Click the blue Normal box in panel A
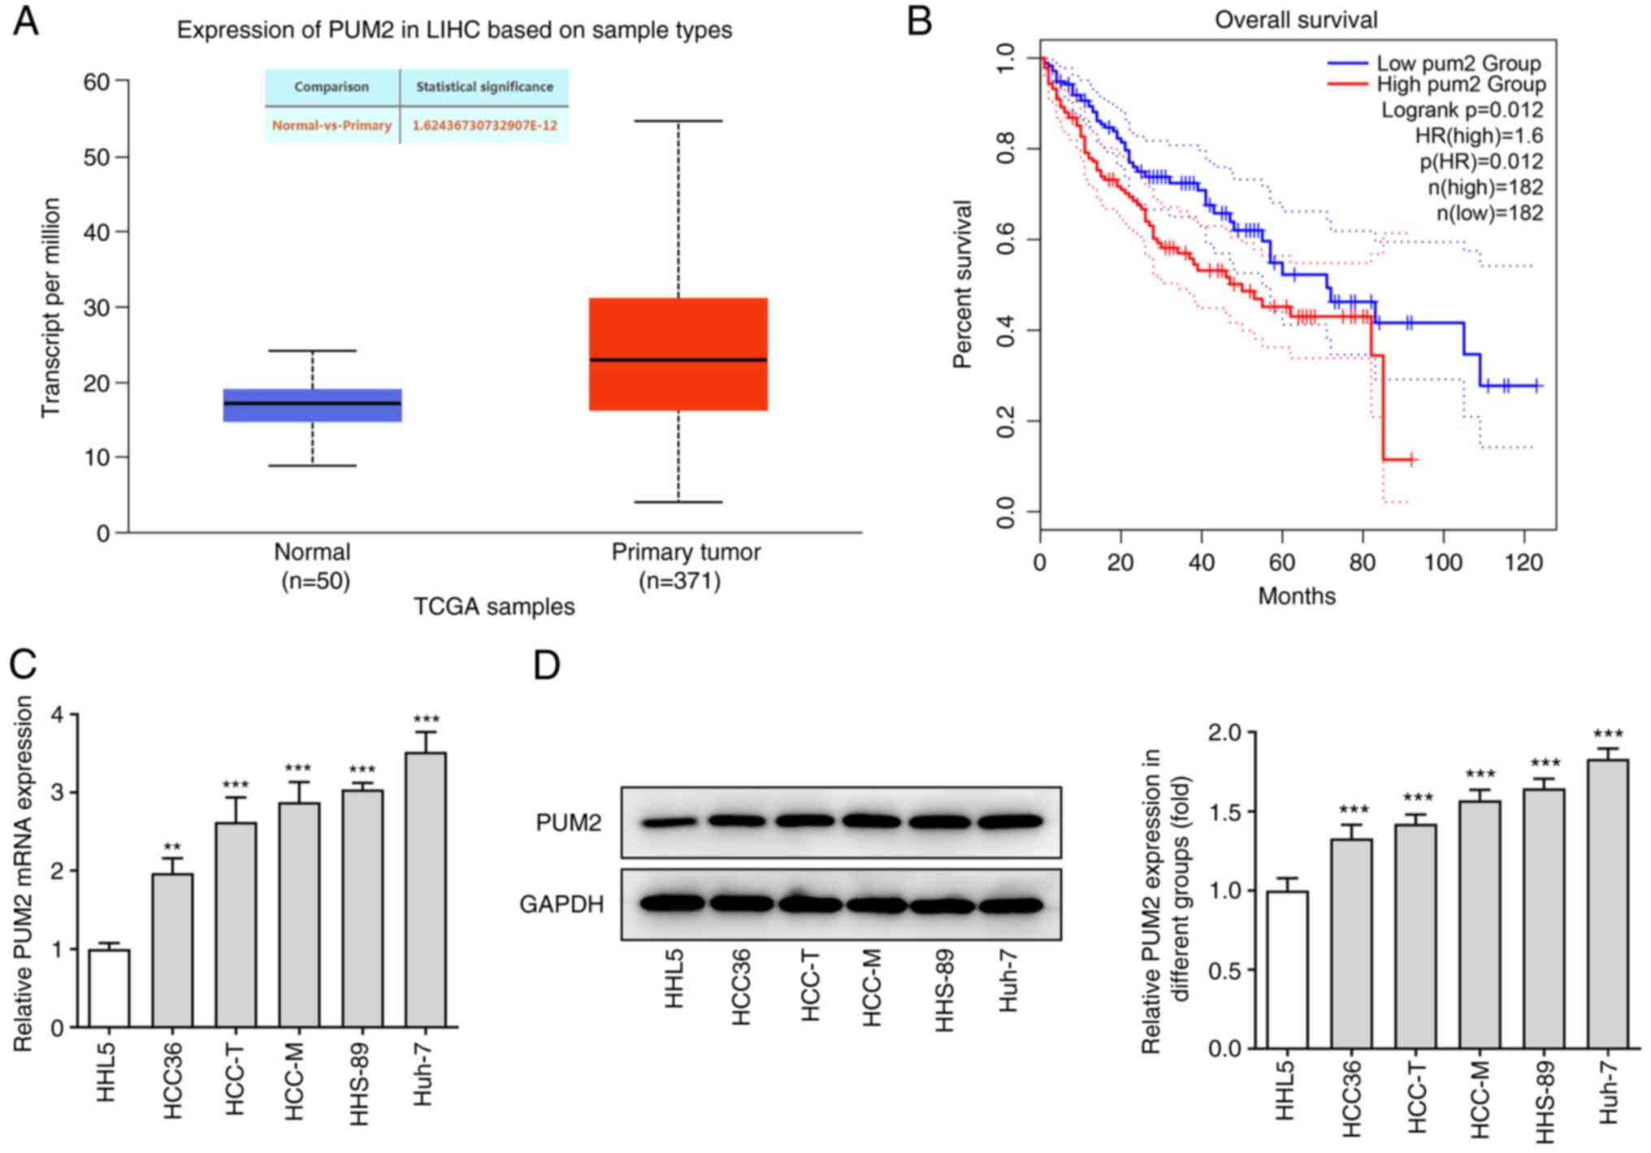(x=312, y=405)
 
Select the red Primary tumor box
(x=678, y=354)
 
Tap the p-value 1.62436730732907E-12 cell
(x=484, y=126)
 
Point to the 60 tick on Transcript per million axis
(x=97, y=81)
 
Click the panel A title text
(x=454, y=30)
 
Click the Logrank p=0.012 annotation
(x=1462, y=110)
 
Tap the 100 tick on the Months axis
(x=1443, y=562)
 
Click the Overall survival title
(x=1296, y=20)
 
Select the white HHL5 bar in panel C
(x=109, y=988)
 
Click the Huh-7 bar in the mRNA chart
(x=426, y=890)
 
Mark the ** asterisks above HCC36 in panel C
(x=172, y=847)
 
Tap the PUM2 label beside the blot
(x=569, y=823)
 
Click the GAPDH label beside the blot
(x=561, y=904)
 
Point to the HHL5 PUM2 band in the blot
(x=669, y=823)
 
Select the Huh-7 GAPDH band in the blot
(x=1011, y=904)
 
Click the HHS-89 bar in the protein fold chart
(x=1544, y=918)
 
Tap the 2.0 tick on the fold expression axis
(x=1224, y=733)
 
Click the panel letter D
(x=547, y=665)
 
